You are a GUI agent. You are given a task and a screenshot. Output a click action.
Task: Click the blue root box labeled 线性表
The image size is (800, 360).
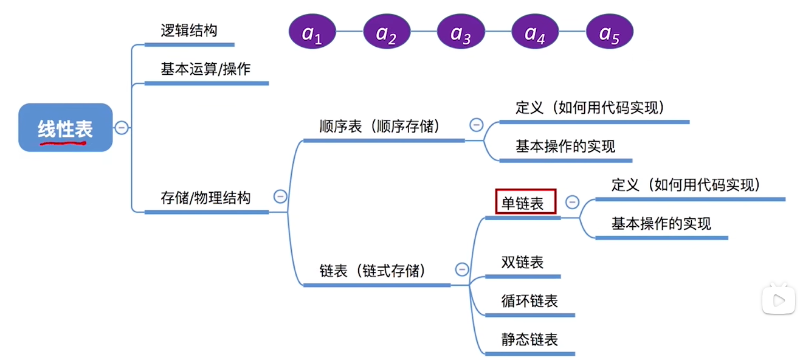click(x=66, y=128)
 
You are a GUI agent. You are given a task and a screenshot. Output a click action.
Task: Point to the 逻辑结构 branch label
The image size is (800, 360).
click(x=189, y=31)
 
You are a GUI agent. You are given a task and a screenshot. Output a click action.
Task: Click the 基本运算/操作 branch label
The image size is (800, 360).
click(x=205, y=69)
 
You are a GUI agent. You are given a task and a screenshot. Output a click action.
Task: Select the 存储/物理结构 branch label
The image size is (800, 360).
click(x=205, y=198)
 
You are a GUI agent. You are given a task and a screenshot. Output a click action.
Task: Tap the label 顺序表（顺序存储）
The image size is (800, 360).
click(x=380, y=127)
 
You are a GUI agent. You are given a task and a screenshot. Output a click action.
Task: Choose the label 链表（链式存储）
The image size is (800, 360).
click(x=372, y=271)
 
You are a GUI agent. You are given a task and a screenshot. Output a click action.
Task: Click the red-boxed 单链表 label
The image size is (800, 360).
click(x=526, y=202)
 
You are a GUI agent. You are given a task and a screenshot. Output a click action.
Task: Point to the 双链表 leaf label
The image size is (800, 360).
click(x=522, y=263)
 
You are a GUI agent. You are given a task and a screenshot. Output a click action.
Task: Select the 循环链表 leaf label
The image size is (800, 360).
click(x=529, y=301)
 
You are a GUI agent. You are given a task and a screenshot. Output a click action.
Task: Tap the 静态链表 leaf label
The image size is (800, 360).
click(x=529, y=339)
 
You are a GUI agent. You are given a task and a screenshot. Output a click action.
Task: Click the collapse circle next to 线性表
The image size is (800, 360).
click(x=122, y=128)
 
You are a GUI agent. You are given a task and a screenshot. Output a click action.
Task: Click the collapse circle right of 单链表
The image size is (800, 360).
click(x=572, y=202)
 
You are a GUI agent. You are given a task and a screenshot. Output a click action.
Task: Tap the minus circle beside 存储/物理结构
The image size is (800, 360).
click(x=280, y=196)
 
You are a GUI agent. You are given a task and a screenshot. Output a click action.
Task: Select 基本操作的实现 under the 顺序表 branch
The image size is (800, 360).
click(x=565, y=147)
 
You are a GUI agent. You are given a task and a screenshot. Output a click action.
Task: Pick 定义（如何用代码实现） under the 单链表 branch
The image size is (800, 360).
click(x=686, y=185)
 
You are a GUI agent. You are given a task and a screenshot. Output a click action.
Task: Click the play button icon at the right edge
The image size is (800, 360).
click(x=779, y=299)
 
